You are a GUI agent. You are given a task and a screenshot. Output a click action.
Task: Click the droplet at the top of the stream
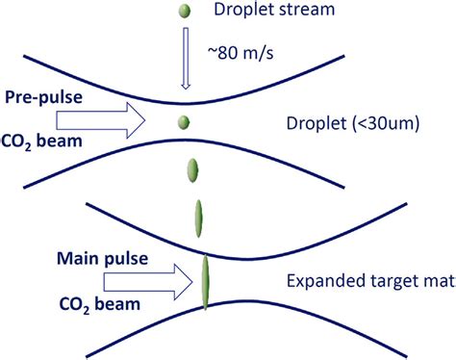pos(184,13)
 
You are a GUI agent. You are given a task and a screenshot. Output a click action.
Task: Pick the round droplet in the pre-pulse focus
pos(184,123)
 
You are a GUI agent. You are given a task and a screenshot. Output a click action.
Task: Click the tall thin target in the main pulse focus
pos(205,281)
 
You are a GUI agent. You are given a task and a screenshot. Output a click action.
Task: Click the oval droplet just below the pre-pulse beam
pos(192,171)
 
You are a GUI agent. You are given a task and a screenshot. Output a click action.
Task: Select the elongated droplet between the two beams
pos(199,216)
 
